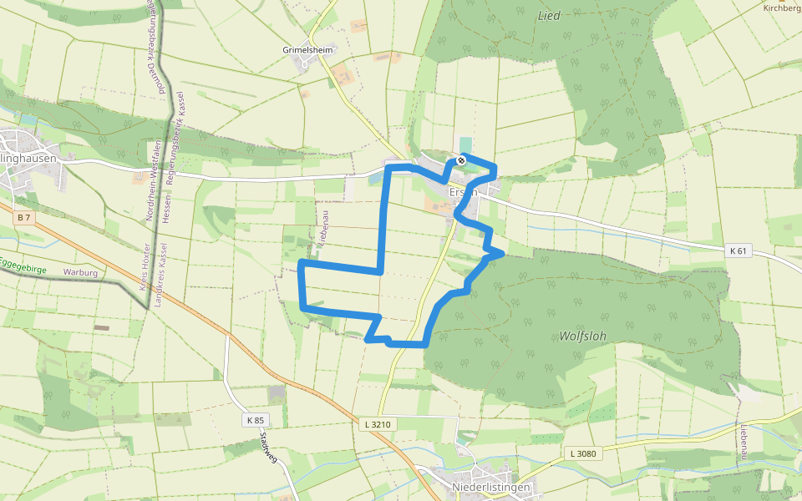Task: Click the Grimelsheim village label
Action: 307,49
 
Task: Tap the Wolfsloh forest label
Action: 582,336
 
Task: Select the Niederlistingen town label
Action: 490,487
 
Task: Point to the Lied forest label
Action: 549,15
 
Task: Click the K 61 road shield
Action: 737,250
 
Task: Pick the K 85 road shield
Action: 256,419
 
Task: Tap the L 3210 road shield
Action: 378,424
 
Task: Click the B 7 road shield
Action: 23,218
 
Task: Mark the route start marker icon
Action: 460,159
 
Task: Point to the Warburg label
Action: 81,272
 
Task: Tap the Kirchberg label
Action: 782,8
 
